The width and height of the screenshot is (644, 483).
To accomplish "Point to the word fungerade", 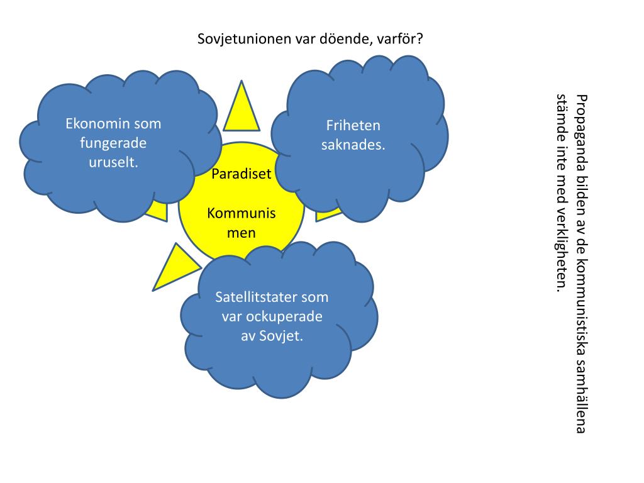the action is (x=113, y=143).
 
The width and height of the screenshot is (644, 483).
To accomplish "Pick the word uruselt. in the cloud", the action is (x=113, y=163).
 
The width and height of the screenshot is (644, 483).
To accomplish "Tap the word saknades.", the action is (x=353, y=145).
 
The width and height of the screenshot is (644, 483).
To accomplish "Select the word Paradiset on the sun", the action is (x=241, y=174).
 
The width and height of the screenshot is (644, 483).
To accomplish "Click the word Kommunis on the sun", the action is (x=241, y=213).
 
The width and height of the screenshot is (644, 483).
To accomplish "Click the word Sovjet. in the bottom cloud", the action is (x=281, y=336).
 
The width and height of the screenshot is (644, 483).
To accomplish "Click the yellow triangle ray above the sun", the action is (x=241, y=109).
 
